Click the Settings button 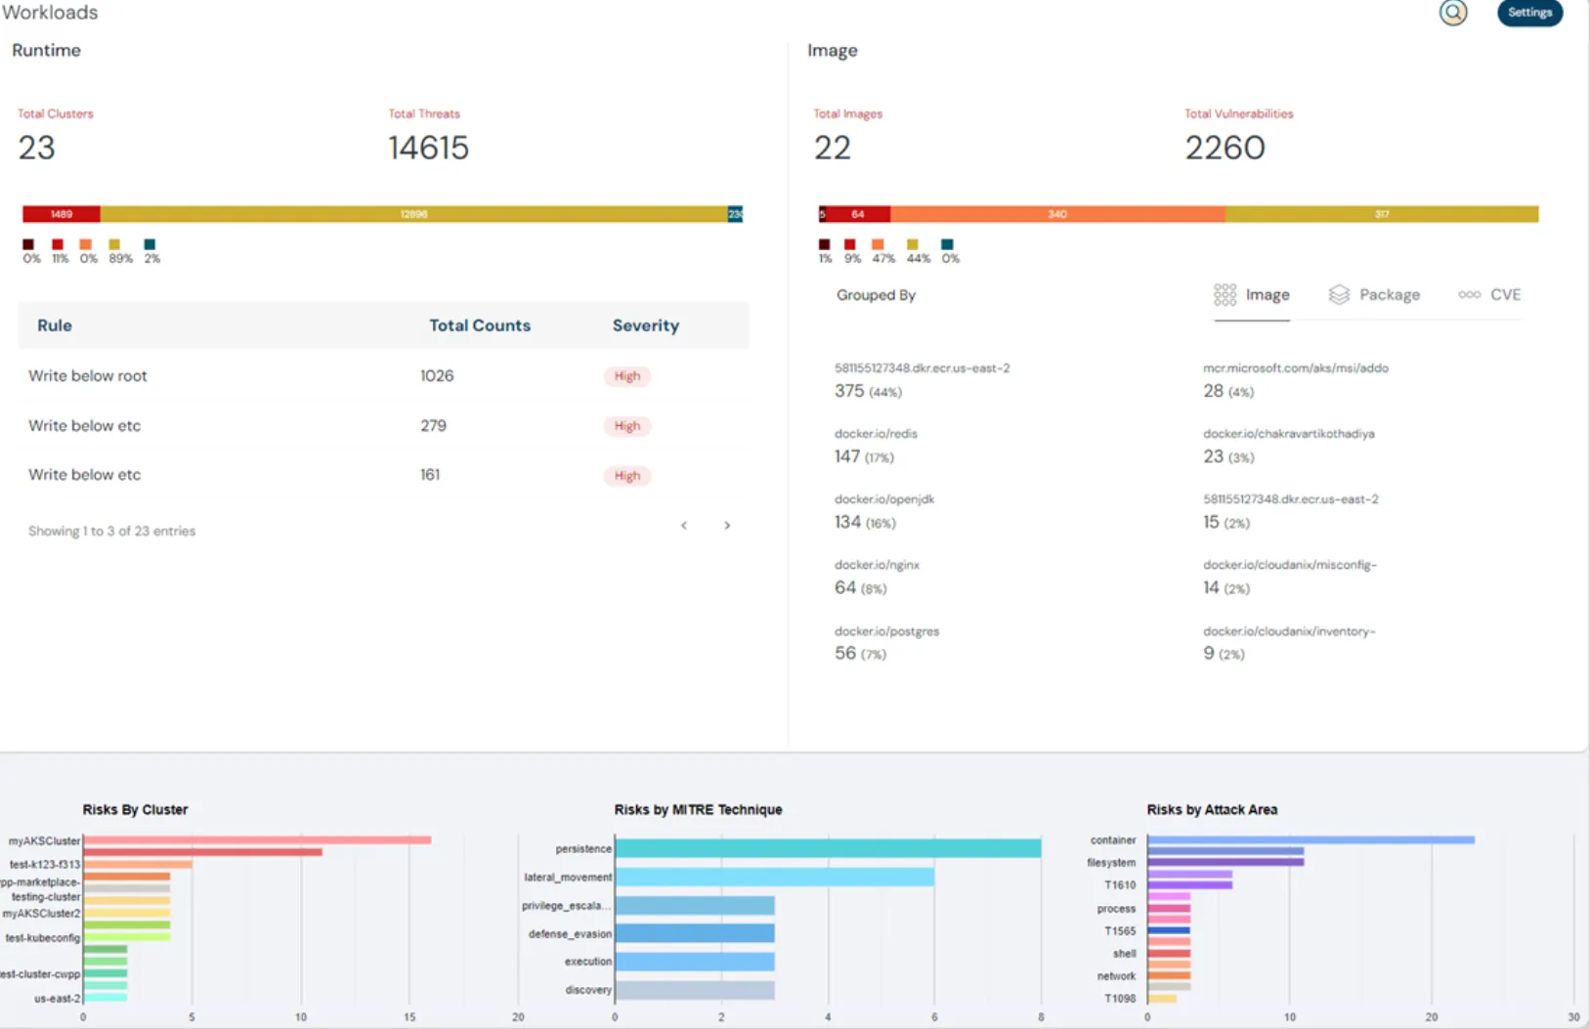(x=1529, y=13)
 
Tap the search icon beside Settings (x=1453, y=13)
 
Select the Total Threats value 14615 (x=428, y=148)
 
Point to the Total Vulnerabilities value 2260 (x=1225, y=148)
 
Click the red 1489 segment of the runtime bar (x=62, y=214)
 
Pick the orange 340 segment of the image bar (x=1057, y=214)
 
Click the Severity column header (x=645, y=325)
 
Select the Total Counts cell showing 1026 (x=437, y=376)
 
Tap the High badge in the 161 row (x=626, y=476)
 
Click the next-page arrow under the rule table (x=727, y=526)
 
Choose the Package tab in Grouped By (x=1375, y=295)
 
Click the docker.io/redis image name (x=876, y=434)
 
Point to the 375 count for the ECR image (x=849, y=391)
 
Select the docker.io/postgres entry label (x=886, y=631)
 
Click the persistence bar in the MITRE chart (x=828, y=848)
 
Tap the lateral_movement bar (x=774, y=878)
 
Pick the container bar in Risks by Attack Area (x=1311, y=839)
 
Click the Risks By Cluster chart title (x=135, y=809)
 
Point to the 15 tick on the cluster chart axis (x=409, y=1017)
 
